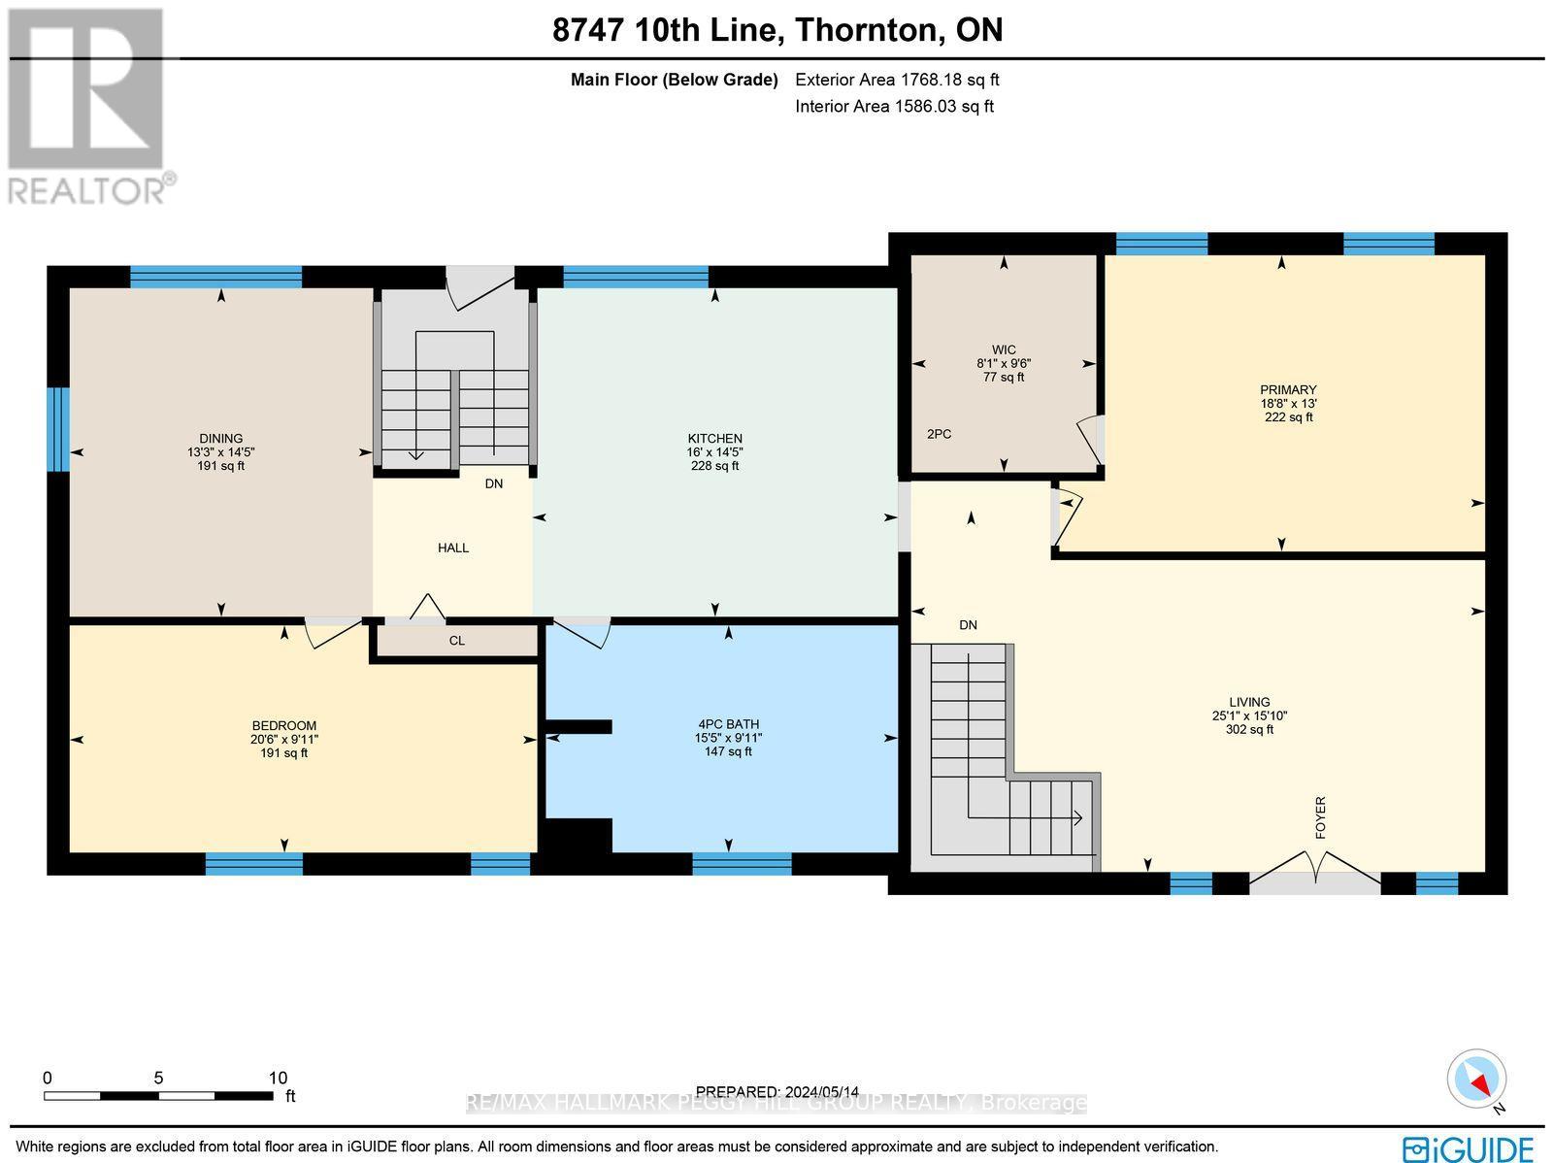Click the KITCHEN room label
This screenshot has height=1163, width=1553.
715,439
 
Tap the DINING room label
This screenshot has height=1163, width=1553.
221,439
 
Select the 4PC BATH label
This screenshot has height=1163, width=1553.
728,724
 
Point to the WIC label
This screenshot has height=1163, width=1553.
1004,349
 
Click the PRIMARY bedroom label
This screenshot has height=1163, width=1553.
1288,390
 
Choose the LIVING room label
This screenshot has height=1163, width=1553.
1249,702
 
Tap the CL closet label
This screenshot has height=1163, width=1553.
457,641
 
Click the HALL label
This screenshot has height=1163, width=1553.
453,548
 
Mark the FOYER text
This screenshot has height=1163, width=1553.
1320,817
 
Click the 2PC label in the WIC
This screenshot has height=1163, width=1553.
939,434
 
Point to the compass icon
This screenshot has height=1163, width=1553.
1475,1080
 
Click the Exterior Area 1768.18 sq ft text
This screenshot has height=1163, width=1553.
897,80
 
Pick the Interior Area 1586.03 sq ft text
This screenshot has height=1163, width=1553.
894,107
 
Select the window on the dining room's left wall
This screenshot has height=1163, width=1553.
59,429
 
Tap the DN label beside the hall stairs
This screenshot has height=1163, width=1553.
494,483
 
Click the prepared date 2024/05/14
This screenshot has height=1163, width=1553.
777,1092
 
